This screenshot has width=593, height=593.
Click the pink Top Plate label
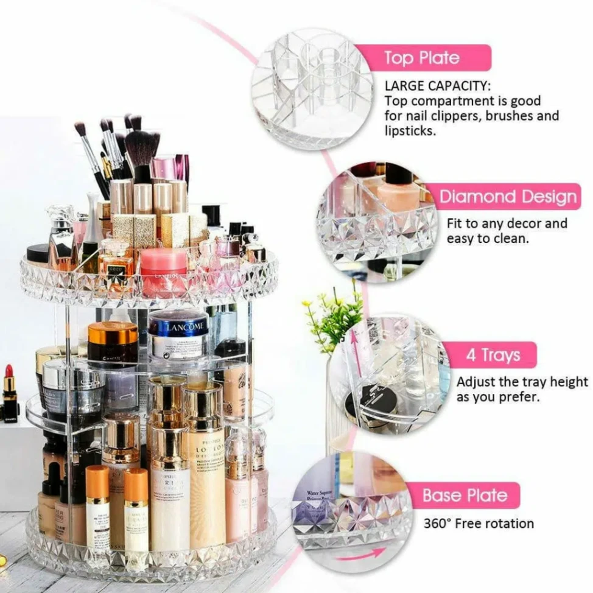(x=421, y=58)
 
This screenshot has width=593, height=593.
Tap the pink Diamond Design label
(x=508, y=197)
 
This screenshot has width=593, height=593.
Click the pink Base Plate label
(x=465, y=495)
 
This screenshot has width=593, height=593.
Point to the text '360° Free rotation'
(x=479, y=524)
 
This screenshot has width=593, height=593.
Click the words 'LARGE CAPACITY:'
(x=437, y=86)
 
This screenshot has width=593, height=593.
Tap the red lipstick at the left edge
(x=9, y=390)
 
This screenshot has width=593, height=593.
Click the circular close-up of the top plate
(x=313, y=88)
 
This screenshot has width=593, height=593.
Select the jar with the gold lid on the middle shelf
(x=113, y=342)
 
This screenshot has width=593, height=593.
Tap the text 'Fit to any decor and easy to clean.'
(x=507, y=231)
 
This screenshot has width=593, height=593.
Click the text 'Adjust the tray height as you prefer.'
(x=522, y=390)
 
